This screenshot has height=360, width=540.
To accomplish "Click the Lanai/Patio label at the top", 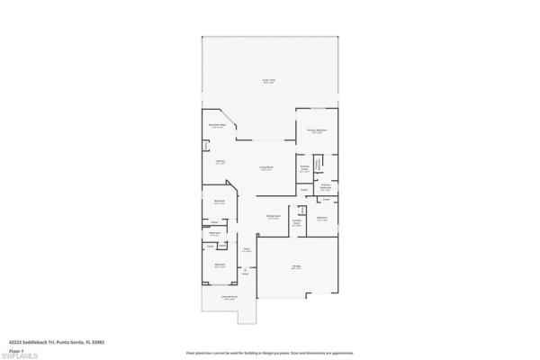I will pyautogui.click(x=267, y=80).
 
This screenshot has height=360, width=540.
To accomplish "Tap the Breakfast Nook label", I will pyautogui.click(x=218, y=126).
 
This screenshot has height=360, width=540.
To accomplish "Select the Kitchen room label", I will pyautogui.click(x=220, y=163).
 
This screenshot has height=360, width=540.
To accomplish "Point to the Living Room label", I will pyautogui.click(x=266, y=168).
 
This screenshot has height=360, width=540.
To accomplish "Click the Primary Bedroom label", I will pyautogui.click(x=317, y=132).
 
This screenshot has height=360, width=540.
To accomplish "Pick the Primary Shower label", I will pyautogui.click(x=305, y=168).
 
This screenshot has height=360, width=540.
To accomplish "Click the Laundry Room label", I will pyautogui.click(x=297, y=223).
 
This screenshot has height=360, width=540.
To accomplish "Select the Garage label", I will pyautogui.click(x=296, y=267).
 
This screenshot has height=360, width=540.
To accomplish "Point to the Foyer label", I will pyautogui.click(x=246, y=251).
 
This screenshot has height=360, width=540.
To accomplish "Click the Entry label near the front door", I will pyautogui.click(x=244, y=273).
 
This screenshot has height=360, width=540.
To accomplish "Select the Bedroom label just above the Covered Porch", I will pyautogui.click(x=220, y=265).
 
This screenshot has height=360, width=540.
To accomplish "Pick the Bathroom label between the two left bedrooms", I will pyautogui.click(x=215, y=233).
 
